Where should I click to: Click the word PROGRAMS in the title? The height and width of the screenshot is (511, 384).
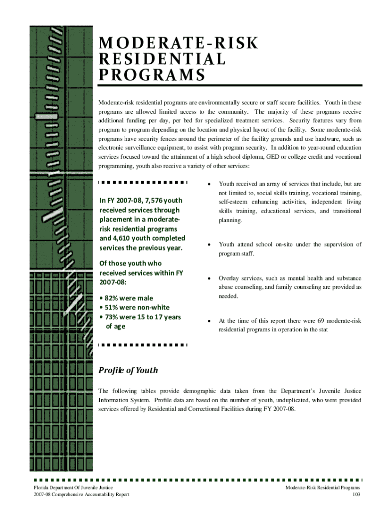pos(152,75)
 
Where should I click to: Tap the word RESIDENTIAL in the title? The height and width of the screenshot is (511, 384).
pos(162,59)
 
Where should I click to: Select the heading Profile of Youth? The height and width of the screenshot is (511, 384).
pos(128,370)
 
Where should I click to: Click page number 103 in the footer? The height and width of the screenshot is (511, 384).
pos(356,495)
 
